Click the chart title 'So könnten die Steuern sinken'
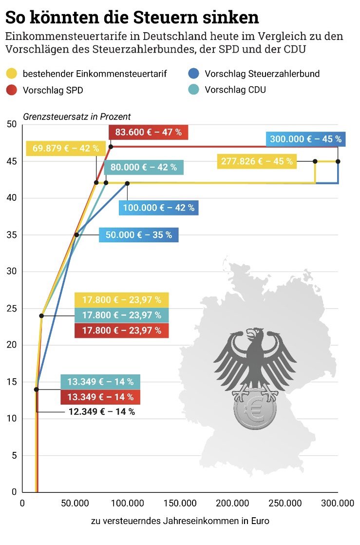[x=132, y=18]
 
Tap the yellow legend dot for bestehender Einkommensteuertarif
[x=12, y=74]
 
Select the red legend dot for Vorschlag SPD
[x=12, y=90]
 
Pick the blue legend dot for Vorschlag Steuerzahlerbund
[x=193, y=74]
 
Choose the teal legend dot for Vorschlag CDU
[x=193, y=90]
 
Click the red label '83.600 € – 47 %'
[x=148, y=133]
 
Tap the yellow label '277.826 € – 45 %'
[x=257, y=161]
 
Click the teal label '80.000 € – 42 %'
[x=144, y=168]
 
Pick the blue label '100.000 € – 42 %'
[x=158, y=208]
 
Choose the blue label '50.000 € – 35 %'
[x=139, y=235]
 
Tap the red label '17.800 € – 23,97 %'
[x=121, y=330]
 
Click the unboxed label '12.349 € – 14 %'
[x=101, y=412]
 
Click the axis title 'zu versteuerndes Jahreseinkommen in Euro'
[x=180, y=521]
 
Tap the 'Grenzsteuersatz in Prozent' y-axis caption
[x=76, y=117]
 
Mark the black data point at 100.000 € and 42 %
[x=127, y=183]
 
